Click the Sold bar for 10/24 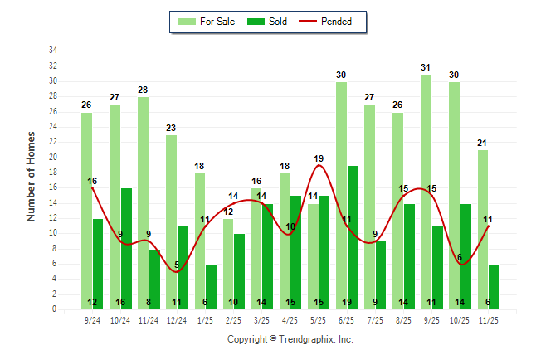click(x=126, y=249)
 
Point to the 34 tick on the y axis click(x=53, y=51)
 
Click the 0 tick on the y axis click(x=55, y=309)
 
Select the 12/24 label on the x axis click(x=176, y=319)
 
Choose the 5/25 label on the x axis click(x=317, y=319)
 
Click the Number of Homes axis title click(x=32, y=176)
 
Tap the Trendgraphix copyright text click(x=290, y=339)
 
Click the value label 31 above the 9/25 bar click(x=426, y=67)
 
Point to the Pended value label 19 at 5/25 click(x=319, y=158)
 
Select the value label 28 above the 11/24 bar click(x=143, y=90)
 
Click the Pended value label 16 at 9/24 click(x=92, y=181)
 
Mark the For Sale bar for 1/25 click(x=200, y=241)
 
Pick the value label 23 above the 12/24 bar click(x=171, y=128)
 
